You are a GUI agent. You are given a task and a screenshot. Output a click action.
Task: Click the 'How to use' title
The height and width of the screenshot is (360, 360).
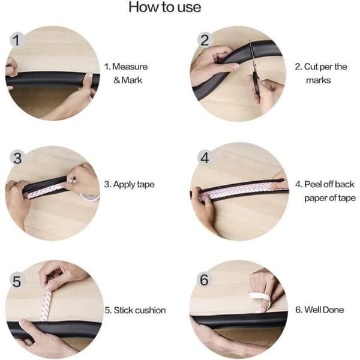(x=164, y=7)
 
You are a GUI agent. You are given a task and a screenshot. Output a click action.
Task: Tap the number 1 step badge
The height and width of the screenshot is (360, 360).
(x=17, y=40)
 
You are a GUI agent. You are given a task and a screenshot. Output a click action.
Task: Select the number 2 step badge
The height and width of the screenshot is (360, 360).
(x=205, y=40)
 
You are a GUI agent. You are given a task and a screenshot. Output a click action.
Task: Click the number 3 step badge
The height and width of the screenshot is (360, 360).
(x=17, y=158)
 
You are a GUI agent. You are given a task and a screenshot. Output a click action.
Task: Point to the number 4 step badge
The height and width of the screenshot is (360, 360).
(x=205, y=158)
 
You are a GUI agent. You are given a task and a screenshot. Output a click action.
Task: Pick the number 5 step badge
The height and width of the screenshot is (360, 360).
(x=17, y=281)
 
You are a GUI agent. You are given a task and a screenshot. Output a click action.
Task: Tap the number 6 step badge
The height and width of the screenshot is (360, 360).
(x=204, y=280)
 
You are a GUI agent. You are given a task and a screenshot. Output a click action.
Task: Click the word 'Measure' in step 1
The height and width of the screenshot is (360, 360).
(x=130, y=67)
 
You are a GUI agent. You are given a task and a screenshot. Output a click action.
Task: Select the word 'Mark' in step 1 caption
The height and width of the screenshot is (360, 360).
(x=132, y=80)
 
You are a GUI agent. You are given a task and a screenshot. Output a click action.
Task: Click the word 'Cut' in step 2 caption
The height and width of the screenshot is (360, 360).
(x=311, y=67)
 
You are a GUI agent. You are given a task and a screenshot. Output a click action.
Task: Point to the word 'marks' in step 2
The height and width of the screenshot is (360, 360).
(x=318, y=80)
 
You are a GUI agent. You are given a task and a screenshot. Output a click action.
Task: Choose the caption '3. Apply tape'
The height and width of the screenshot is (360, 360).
(x=129, y=185)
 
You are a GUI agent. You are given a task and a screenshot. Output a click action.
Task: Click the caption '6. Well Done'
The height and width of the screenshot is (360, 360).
(x=319, y=310)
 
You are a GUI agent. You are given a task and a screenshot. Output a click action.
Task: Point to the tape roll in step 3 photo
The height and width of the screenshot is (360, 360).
(x=89, y=197)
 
